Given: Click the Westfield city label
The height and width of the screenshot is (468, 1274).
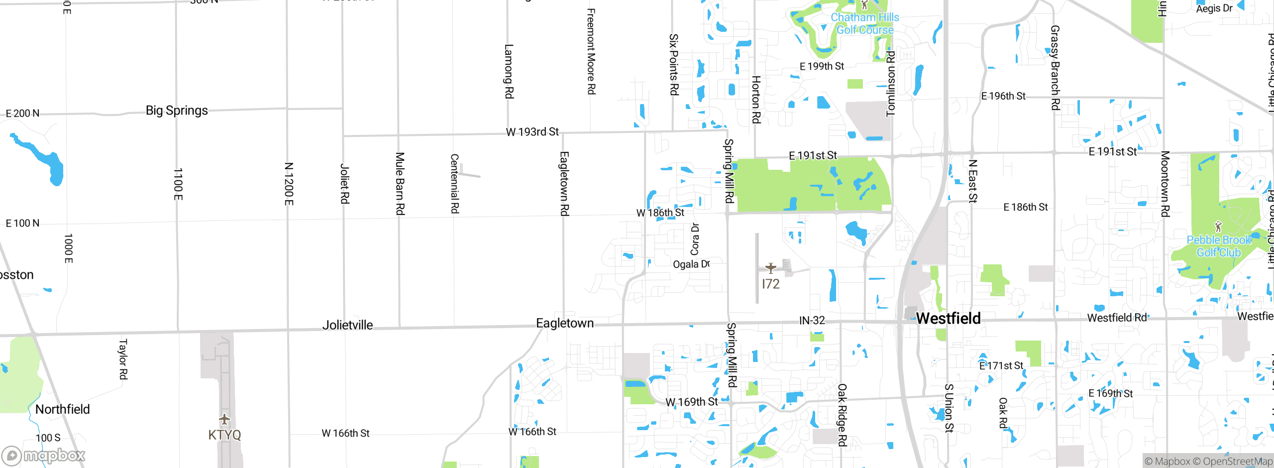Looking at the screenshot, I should [x=948, y=318].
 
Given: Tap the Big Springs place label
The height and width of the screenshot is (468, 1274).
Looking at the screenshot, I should [x=177, y=111].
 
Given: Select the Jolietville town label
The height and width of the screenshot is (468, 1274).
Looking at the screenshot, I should [x=347, y=325].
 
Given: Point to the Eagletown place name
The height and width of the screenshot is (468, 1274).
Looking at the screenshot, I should [x=565, y=323].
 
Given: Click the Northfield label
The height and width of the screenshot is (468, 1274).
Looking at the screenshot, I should [x=63, y=409].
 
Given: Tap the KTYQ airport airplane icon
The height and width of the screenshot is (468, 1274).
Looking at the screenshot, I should [x=224, y=419].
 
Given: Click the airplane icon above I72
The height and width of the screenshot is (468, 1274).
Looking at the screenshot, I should [x=771, y=268].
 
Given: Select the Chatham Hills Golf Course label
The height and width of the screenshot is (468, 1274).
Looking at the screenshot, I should [x=865, y=23].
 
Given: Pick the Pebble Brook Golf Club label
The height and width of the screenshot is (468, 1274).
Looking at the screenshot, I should [x=1219, y=246].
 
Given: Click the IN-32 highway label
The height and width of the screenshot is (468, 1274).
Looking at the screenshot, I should [x=812, y=321].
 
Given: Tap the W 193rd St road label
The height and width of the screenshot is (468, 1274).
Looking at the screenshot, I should [x=532, y=132].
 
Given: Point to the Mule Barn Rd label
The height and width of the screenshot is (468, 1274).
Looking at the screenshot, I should [x=400, y=184].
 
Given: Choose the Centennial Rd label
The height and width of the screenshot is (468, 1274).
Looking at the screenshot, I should [x=454, y=184].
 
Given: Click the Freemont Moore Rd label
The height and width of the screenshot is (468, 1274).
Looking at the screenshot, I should [x=591, y=51].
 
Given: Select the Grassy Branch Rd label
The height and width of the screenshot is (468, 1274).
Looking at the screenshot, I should [x=1055, y=68].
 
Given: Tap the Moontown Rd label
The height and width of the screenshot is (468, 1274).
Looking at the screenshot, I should [x=1165, y=184].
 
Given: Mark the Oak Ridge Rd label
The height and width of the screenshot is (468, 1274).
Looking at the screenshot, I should [x=842, y=415].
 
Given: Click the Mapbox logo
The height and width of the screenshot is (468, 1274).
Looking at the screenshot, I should [x=44, y=456].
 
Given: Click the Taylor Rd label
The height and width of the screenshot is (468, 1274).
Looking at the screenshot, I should [x=123, y=359].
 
